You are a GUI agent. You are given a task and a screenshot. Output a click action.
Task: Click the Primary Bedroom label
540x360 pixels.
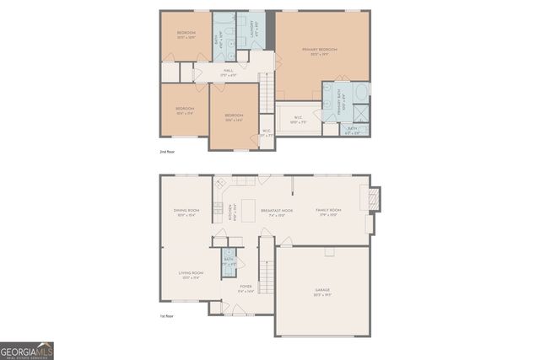click(320, 51)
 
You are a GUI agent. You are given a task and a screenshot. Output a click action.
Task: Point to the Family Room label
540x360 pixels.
click(328, 212)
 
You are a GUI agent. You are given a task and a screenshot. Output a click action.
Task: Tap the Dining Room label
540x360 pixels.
click(186, 212)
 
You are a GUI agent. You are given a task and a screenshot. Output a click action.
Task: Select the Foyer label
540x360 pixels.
click(246, 288)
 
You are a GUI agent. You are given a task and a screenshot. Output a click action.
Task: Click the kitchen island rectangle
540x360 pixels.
click(250, 209)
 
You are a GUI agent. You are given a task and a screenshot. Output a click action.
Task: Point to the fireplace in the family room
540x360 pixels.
click(375, 200)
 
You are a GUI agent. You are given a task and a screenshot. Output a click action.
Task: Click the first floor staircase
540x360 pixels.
click(267, 264)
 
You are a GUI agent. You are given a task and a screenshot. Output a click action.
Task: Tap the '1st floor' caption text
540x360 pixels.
click(167, 316)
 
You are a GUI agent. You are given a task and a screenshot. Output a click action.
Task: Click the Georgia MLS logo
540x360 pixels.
click(28, 349)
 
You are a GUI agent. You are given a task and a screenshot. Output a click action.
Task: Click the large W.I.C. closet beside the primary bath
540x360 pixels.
click(298, 117)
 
